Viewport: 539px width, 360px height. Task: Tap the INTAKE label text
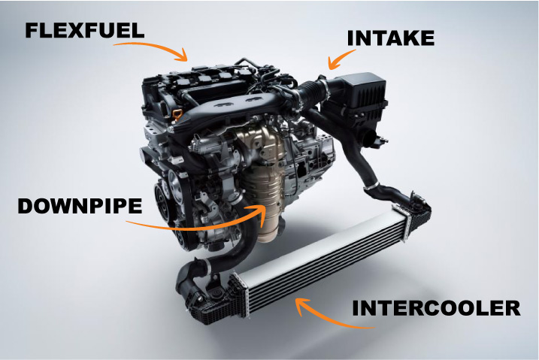[x=389, y=38]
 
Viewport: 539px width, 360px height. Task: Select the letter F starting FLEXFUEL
[x=32, y=31]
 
